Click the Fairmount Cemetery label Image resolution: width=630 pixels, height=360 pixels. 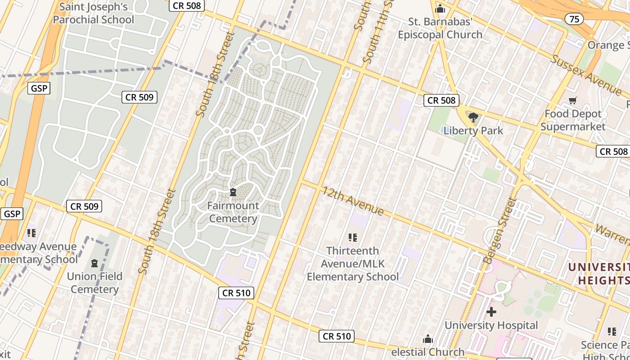pos(233,212)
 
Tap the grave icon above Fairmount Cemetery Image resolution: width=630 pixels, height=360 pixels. pos(233,193)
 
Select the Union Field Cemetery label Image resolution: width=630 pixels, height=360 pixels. pos(94,283)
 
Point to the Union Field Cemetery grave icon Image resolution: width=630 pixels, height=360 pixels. pos(94,263)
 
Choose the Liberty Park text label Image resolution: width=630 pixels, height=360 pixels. pos(473,131)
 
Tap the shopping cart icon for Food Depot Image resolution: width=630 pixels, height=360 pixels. pos(573,101)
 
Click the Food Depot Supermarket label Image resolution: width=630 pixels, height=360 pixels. pos(573,120)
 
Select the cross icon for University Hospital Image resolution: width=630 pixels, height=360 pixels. pos(491,311)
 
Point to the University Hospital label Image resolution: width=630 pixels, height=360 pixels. pos(491,325)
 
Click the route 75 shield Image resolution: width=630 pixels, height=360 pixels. pos(574,19)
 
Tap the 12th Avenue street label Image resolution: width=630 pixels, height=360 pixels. pos(353,201)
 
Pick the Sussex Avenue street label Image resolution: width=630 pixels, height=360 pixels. pos(586,75)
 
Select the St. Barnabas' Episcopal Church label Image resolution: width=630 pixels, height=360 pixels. pos(440,28)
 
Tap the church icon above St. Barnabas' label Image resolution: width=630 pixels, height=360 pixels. pos(440,9)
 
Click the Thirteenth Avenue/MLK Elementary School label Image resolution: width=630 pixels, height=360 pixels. pos(353,263)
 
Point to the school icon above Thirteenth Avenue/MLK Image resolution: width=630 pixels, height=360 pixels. pos(353,237)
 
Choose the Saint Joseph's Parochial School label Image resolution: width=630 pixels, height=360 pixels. pos(94,13)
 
